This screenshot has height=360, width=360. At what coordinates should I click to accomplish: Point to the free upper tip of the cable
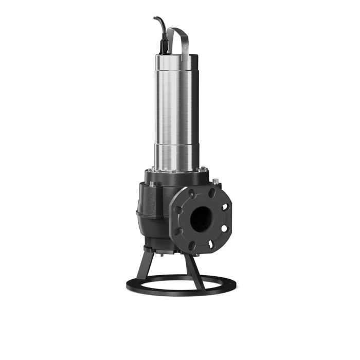click(155, 19)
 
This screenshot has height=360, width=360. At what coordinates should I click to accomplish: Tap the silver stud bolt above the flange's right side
click(214, 181)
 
